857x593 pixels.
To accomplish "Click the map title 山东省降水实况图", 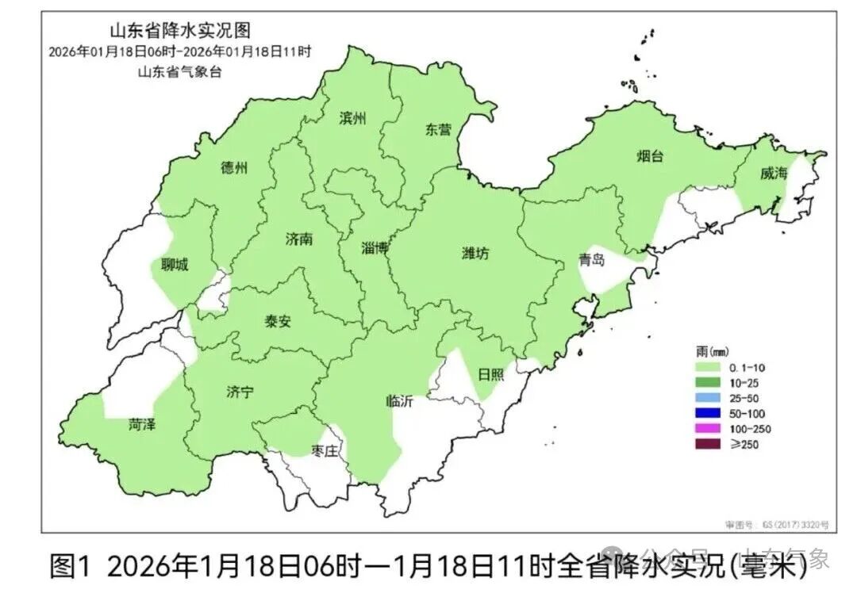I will pos(179,31).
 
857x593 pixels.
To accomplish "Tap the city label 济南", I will pos(299,239).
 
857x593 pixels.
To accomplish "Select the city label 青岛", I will pos(592,260).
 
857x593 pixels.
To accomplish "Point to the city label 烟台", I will pos(649,156).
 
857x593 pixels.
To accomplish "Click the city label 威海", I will pos(773,174).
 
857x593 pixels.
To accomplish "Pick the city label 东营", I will pos(438,130).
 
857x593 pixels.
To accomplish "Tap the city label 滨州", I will pos(352,118).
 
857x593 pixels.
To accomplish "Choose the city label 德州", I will pos(234,168).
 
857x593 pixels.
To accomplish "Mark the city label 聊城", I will pos(175,265).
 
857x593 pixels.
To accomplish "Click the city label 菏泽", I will pos(142,425).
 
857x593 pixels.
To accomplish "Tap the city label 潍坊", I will pos(475,254).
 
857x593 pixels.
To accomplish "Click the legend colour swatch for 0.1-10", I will pos(708,368).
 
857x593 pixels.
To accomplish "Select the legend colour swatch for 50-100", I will pos(708,413).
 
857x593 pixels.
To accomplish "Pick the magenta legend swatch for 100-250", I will pos(708,429).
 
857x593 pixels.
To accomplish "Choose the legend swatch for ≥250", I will pos(708,444).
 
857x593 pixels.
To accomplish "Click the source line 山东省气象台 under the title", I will pos(179,71).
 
